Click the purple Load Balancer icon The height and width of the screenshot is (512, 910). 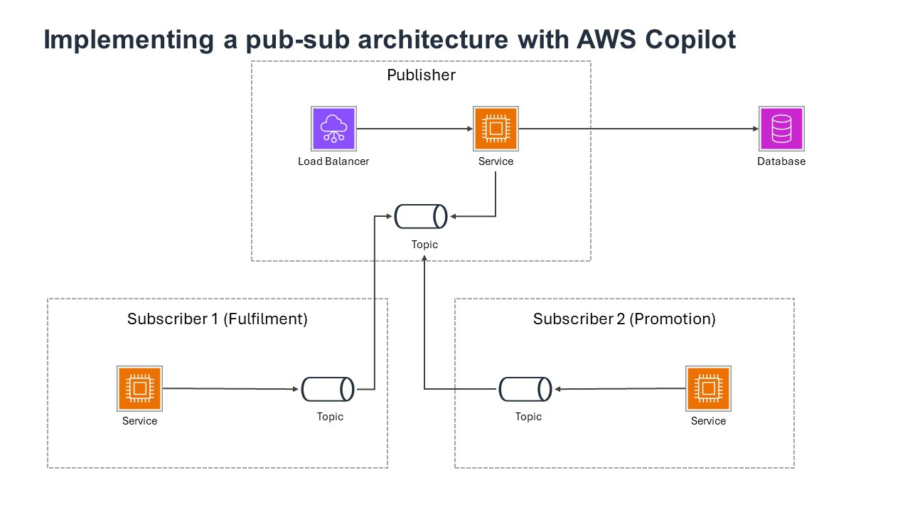click(333, 129)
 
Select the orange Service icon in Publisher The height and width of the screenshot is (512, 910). click(496, 129)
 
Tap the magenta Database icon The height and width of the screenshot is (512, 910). click(781, 129)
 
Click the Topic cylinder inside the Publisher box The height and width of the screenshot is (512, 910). click(421, 216)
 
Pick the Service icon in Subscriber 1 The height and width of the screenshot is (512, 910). click(139, 388)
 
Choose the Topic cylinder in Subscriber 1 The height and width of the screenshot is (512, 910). click(328, 389)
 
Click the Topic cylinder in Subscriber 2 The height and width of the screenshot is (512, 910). click(525, 389)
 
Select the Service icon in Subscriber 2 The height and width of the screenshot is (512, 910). click(708, 388)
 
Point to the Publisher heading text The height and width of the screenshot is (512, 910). click(421, 75)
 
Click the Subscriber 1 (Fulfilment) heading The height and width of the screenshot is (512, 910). click(218, 319)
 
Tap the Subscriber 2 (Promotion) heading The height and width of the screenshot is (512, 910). click(624, 319)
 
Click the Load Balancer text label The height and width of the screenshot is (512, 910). click(333, 161)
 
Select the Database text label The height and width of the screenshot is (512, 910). click(781, 161)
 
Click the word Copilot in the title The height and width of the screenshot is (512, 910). click(690, 40)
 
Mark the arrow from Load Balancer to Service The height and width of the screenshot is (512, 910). click(414, 129)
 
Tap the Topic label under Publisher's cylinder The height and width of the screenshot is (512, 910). click(424, 245)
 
